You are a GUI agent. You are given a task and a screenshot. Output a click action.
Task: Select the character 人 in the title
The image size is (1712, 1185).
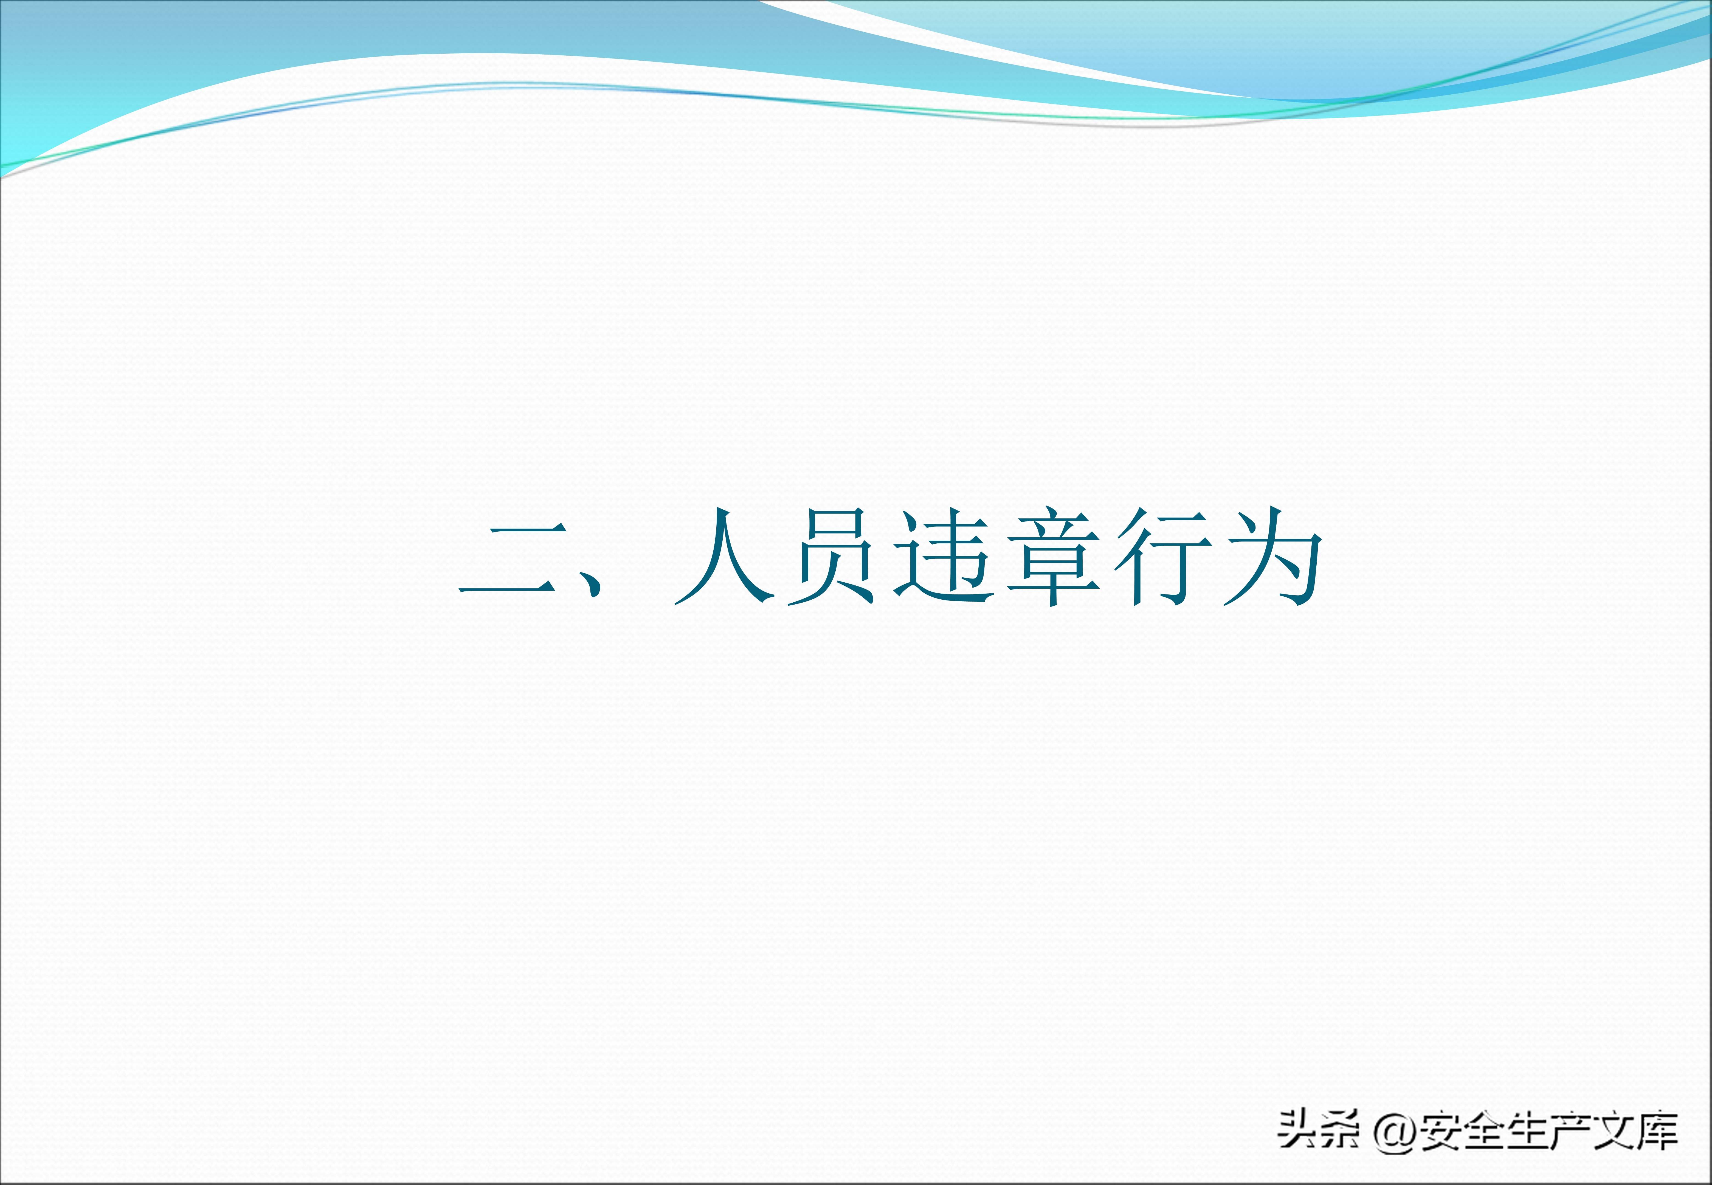coord(724,555)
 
